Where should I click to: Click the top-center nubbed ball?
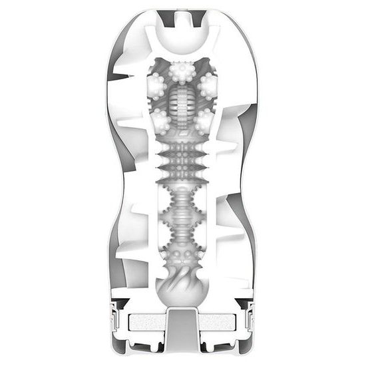click(x=183, y=71)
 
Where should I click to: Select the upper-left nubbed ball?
click(x=157, y=85)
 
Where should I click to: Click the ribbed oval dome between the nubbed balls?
click(x=183, y=106)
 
